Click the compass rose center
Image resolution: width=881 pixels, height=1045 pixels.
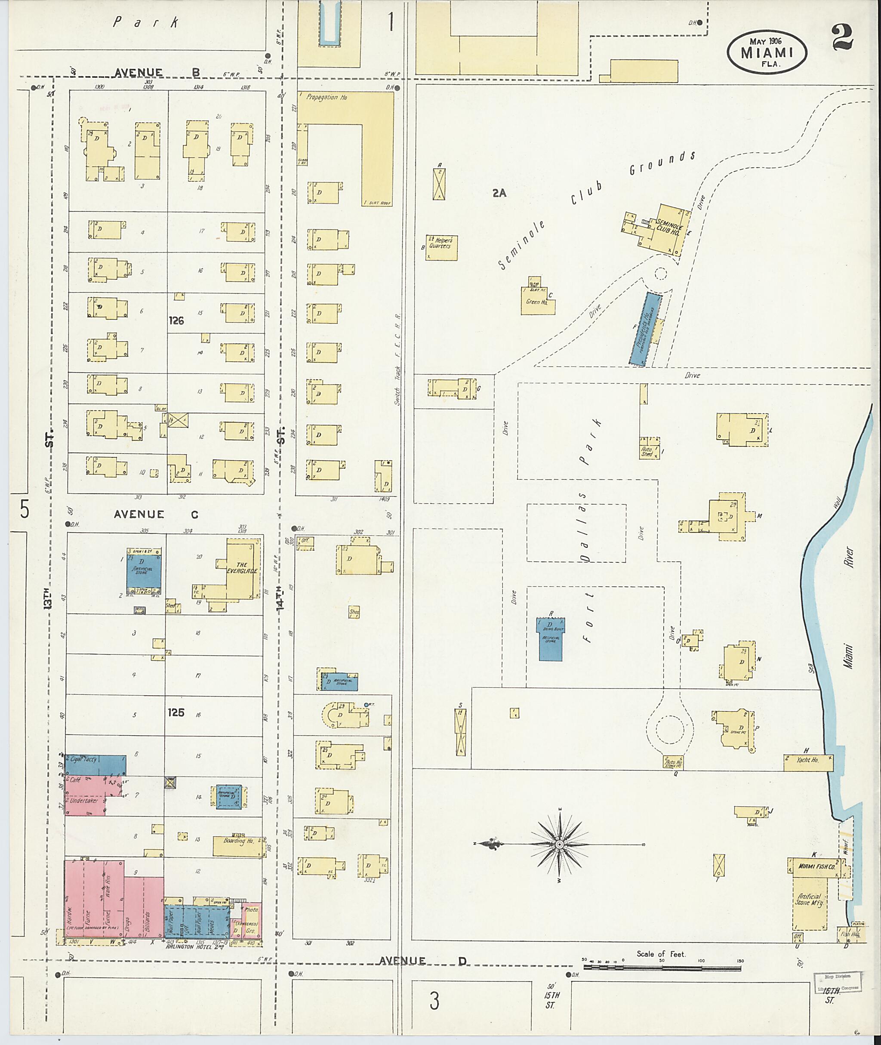pyautogui.click(x=559, y=844)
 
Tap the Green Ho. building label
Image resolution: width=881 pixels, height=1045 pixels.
pyautogui.click(x=537, y=302)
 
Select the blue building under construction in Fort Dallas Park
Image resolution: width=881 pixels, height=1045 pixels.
pyautogui.click(x=550, y=639)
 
